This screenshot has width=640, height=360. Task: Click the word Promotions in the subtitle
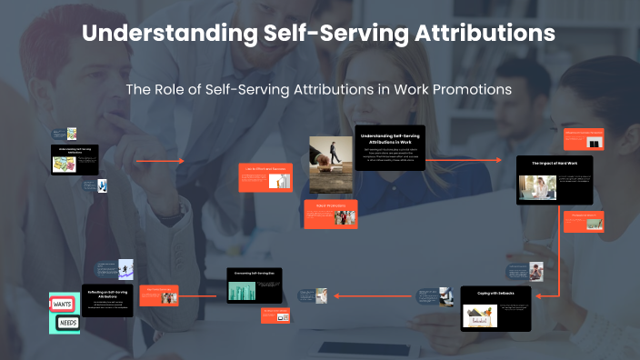point(465,89)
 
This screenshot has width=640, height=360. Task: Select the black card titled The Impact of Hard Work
point(555,180)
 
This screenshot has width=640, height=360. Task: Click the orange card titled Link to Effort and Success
point(265,176)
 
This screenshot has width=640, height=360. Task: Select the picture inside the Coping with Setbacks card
point(478,315)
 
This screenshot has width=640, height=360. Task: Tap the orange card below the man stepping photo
point(331,213)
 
